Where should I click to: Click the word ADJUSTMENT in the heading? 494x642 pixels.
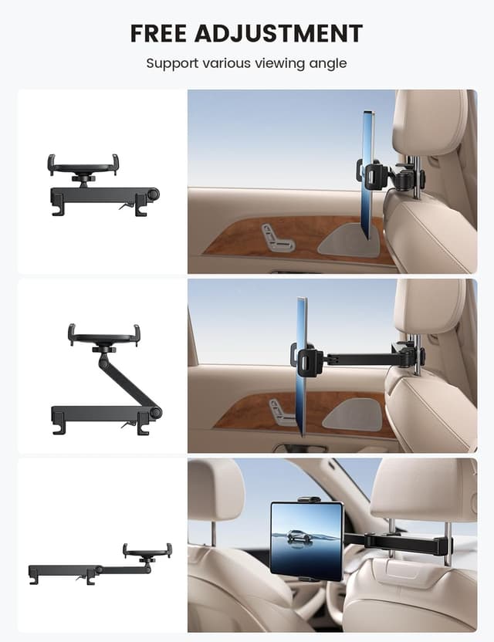pyautogui.click(x=280, y=33)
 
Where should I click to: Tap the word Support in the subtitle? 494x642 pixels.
pyautogui.click(x=171, y=63)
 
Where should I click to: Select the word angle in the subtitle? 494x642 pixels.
pyautogui.click(x=327, y=63)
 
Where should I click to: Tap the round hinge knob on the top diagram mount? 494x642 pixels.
pyautogui.click(x=154, y=194)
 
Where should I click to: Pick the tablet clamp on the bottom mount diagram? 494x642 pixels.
pyautogui.click(x=147, y=551)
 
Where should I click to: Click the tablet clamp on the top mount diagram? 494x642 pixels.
pyautogui.click(x=83, y=164)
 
